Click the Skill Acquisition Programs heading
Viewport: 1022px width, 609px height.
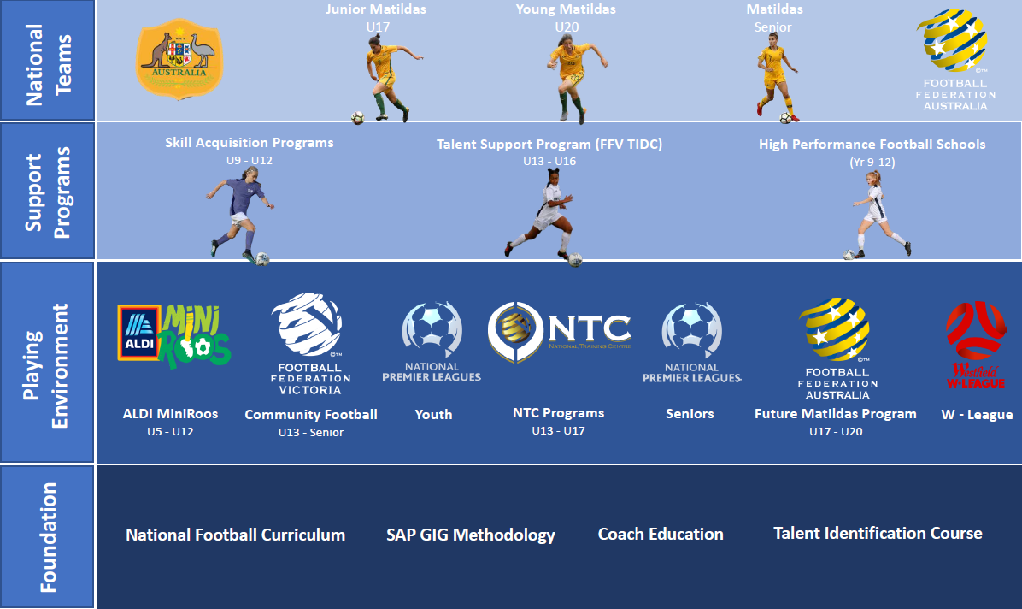(250, 143)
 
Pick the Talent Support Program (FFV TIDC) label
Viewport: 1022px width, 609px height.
(549, 145)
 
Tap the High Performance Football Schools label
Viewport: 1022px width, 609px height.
(872, 145)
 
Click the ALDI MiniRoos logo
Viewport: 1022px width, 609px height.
(173, 334)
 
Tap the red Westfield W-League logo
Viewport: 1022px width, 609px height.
(975, 346)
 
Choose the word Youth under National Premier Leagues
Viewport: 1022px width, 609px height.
(433, 414)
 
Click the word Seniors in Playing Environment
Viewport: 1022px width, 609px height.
(690, 414)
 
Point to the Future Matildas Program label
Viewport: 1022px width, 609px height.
(836, 414)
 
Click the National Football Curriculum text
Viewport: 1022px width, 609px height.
(236, 535)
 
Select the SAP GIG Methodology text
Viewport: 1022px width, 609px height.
(471, 535)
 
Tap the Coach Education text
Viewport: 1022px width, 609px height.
(661, 535)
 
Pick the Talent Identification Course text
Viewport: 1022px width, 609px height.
(878, 534)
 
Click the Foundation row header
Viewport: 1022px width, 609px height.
(49, 537)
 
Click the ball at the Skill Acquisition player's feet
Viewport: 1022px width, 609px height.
(262, 257)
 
